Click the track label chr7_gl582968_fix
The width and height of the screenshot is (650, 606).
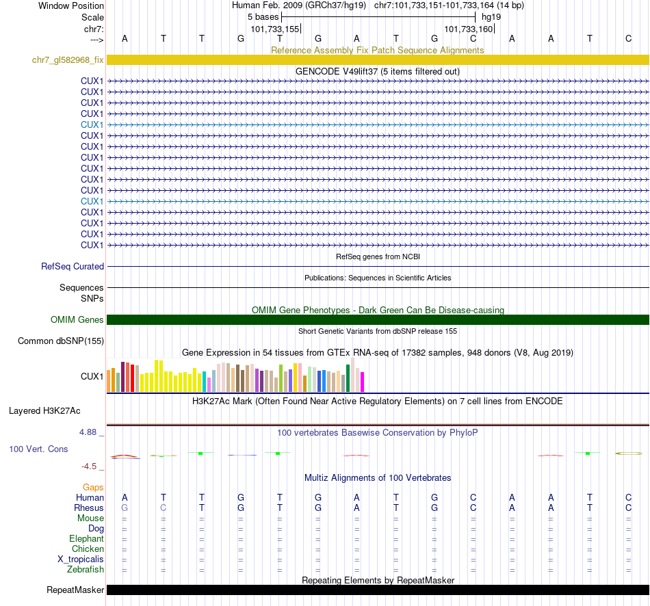pyautogui.click(x=68, y=60)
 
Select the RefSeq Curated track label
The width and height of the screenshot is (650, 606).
pyautogui.click(x=73, y=267)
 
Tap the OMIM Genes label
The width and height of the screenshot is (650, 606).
pyautogui.click(x=77, y=319)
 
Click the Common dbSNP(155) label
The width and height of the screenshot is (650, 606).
pyautogui.click(x=61, y=341)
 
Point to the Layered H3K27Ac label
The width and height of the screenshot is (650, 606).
pyautogui.click(x=44, y=411)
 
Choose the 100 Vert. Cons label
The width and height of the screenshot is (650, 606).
pyautogui.click(x=38, y=449)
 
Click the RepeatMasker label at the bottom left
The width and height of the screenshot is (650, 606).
pyautogui.click(x=75, y=590)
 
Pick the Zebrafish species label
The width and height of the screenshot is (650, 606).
pyautogui.click(x=86, y=569)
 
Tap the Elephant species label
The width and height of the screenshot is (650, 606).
pyautogui.click(x=86, y=539)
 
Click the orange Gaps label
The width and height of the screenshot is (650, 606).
pyautogui.click(x=93, y=487)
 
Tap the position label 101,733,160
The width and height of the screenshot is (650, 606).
pyautogui.click(x=468, y=29)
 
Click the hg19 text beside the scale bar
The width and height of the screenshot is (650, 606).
pyautogui.click(x=491, y=16)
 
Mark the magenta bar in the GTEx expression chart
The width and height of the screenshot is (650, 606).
pyautogui.click(x=363, y=382)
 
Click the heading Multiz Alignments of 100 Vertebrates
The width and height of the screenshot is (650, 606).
pyautogui.click(x=378, y=477)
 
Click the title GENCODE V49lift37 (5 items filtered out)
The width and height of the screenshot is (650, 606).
pyautogui.click(x=378, y=71)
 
